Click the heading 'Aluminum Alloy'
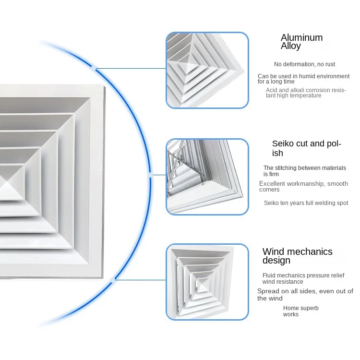[x=301, y=42]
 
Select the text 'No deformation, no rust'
[x=304, y=64]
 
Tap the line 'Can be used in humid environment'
[x=303, y=79]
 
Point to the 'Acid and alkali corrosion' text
[x=305, y=93]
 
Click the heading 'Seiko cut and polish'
[x=306, y=148]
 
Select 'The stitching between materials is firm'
[x=304, y=171]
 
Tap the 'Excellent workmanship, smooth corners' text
[x=303, y=186]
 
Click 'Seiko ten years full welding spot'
[x=306, y=203]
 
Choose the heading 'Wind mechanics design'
[x=297, y=256]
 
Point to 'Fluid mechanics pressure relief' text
[x=304, y=278]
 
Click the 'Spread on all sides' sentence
[x=305, y=294]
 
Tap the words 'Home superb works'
[x=300, y=311]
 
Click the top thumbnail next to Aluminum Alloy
[x=207, y=70]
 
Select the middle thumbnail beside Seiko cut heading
[x=207, y=177]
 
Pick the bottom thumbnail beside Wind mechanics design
[x=207, y=282]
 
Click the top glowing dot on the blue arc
[x=95, y=69]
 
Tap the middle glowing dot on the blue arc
[x=151, y=176]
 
